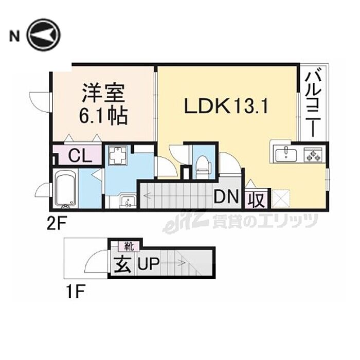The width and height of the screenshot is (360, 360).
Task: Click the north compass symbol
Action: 44,35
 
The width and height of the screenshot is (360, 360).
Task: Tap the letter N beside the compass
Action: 14,36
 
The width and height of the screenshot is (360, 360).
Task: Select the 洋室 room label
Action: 102,96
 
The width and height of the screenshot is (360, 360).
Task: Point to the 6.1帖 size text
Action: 103,117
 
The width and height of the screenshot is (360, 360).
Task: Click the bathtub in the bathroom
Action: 66,190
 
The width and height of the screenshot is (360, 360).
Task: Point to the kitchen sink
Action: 284,153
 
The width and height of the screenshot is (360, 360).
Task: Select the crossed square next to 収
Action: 280,199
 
